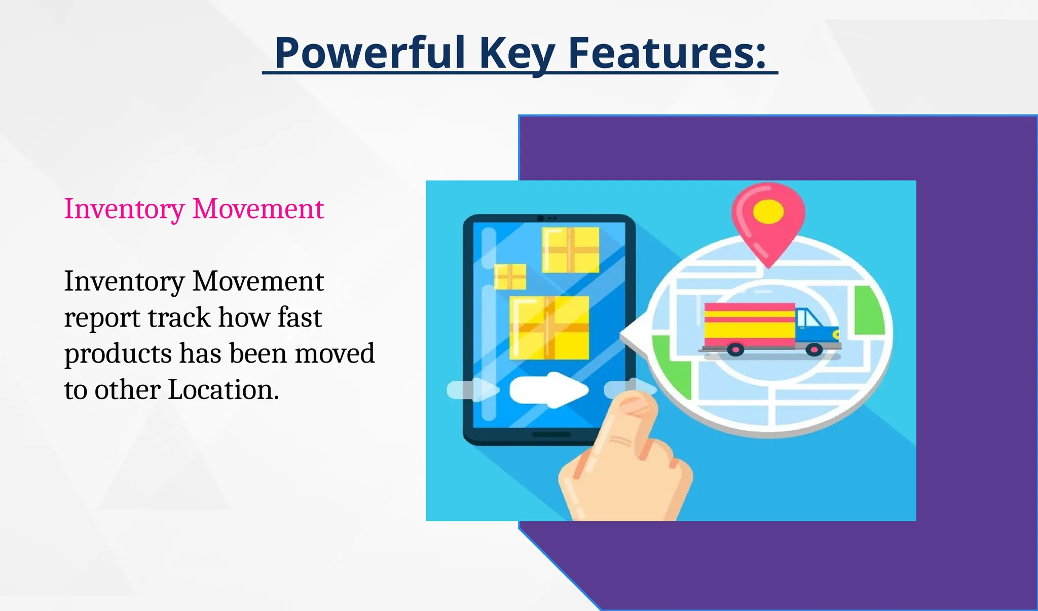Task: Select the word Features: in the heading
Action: click(x=666, y=53)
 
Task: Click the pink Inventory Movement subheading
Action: click(x=194, y=209)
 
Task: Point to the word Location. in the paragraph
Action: click(x=223, y=390)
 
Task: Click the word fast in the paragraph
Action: click(x=300, y=318)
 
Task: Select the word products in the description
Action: click(x=118, y=354)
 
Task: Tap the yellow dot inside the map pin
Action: click(x=768, y=211)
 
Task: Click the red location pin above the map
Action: click(x=768, y=223)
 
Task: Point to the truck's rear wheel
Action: click(x=735, y=349)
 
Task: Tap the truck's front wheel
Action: click(x=814, y=349)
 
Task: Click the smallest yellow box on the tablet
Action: click(x=510, y=277)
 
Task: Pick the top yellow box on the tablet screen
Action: click(x=571, y=250)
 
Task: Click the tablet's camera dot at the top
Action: click(x=541, y=218)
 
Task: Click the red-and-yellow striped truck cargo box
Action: click(x=750, y=325)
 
